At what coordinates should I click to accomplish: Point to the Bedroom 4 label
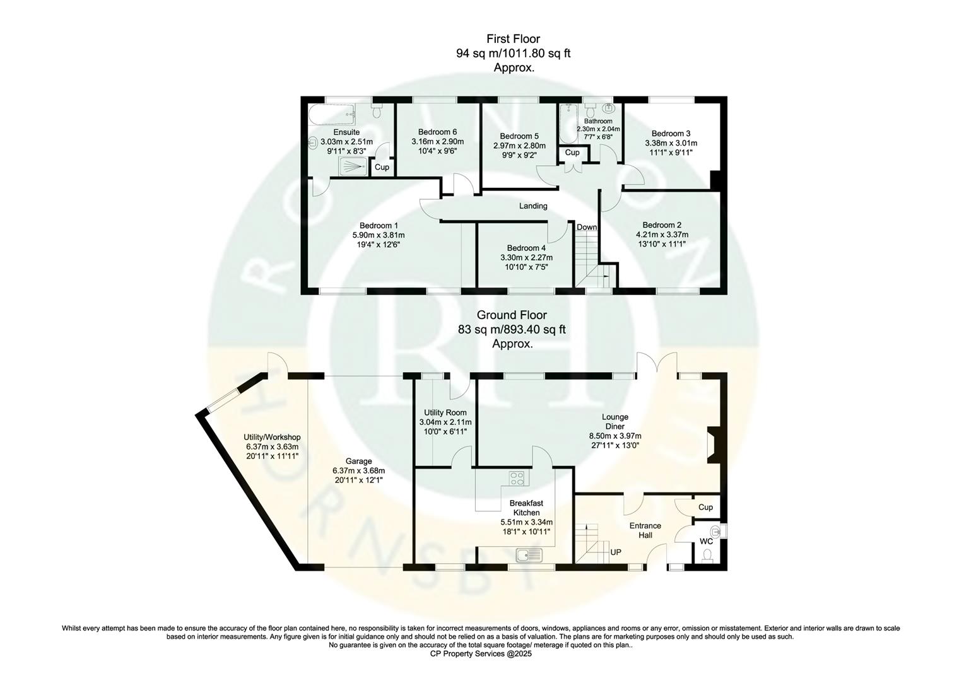(x=526, y=248)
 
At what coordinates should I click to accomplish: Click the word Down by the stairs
(x=586, y=228)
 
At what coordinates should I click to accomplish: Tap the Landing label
(x=533, y=206)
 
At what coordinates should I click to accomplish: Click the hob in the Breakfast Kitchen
(x=517, y=479)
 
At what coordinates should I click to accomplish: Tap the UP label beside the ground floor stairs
(x=615, y=552)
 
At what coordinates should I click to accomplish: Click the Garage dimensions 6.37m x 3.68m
(x=358, y=470)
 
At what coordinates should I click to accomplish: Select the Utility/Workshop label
(x=272, y=437)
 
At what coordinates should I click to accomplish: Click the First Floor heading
(x=513, y=39)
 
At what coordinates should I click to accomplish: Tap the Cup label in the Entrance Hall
(x=705, y=507)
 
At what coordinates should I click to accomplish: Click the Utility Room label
(x=445, y=412)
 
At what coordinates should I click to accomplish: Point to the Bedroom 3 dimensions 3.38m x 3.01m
(x=671, y=143)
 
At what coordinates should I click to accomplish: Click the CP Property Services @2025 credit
(x=481, y=655)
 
